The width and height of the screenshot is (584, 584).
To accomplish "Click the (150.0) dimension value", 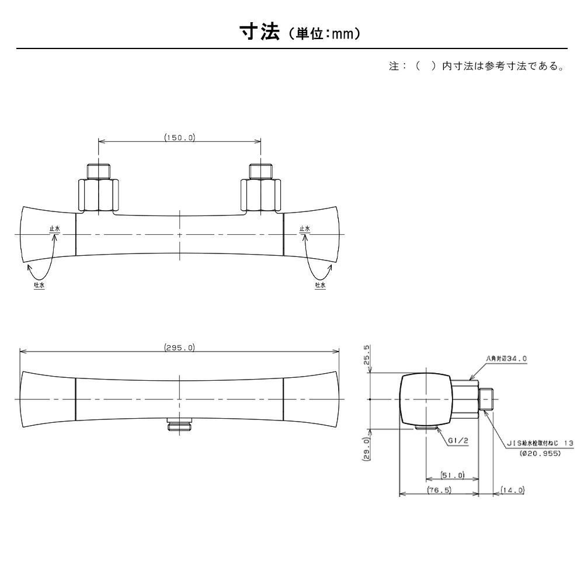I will point(179,138).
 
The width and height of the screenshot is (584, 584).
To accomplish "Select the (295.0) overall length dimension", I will point(179,347).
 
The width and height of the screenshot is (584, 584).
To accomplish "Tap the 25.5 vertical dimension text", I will point(367,354).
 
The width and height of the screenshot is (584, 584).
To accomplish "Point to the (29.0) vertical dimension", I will point(367,449).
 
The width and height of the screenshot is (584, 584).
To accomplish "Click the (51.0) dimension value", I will point(453,475).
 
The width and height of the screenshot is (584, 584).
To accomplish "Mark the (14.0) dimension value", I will point(513,491).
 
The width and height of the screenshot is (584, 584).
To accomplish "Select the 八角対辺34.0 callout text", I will point(506,359).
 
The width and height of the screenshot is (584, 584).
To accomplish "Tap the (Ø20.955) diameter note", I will point(540,453).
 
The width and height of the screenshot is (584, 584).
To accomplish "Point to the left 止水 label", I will point(54,229).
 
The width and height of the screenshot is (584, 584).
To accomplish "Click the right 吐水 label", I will point(320,284).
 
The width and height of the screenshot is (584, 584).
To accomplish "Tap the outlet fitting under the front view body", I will point(179,425).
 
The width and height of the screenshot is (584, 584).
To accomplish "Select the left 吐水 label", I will point(39,284).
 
